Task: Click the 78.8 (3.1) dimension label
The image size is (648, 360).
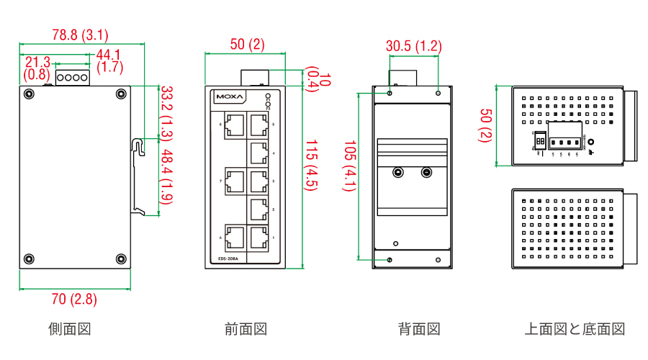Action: pyautogui.click(x=80, y=34)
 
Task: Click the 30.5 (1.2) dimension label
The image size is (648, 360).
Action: pyautogui.click(x=413, y=46)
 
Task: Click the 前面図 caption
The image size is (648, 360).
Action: pyautogui.click(x=246, y=329)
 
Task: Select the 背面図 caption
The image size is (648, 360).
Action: pyautogui.click(x=419, y=329)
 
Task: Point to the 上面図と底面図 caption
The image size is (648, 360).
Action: pyautogui.click(x=575, y=329)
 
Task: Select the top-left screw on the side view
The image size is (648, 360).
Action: pyautogui.click(x=29, y=94)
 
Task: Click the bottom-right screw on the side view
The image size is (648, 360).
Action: pyautogui.click(x=120, y=259)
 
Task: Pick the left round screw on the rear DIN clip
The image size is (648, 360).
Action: pyautogui.click(x=397, y=173)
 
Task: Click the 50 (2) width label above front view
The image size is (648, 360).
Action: pyautogui.click(x=247, y=45)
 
